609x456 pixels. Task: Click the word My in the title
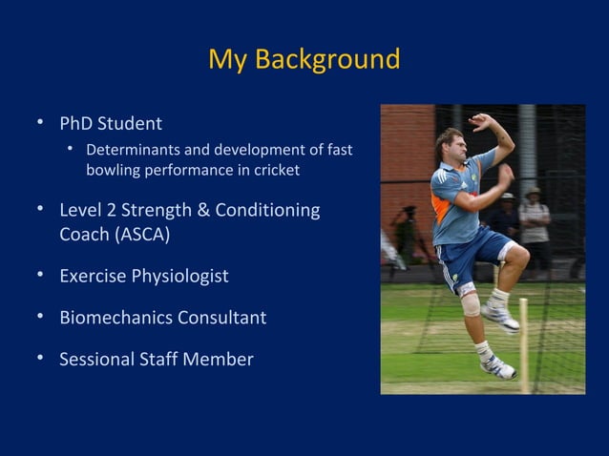226,60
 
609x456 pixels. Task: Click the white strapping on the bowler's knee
469,303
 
